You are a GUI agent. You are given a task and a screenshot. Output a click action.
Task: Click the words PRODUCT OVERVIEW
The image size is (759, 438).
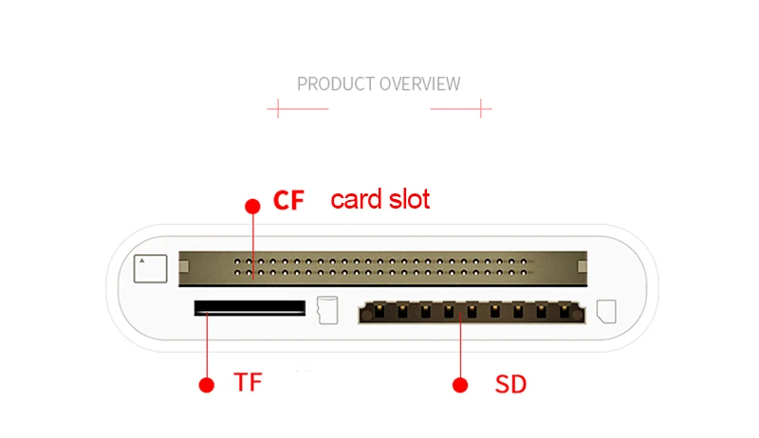pyautogui.click(x=379, y=83)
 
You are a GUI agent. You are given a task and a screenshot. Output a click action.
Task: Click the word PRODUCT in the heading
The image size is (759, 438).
pyautogui.click(x=336, y=83)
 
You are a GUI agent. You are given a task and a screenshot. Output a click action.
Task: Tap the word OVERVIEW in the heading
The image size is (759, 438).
pyautogui.click(x=420, y=83)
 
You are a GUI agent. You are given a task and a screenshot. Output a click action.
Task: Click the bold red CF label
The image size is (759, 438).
pyautogui.click(x=288, y=201)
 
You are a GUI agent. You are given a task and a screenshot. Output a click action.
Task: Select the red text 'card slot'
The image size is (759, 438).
pyautogui.click(x=379, y=199)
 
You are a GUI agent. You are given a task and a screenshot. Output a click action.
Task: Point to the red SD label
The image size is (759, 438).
pyautogui.click(x=510, y=384)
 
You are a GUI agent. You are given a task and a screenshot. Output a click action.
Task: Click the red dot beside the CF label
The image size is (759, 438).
pyautogui.click(x=252, y=206)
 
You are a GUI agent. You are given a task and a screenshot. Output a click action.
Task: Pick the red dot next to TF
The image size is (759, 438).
pyautogui.click(x=206, y=384)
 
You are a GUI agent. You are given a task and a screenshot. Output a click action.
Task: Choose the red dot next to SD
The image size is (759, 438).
pyautogui.click(x=460, y=384)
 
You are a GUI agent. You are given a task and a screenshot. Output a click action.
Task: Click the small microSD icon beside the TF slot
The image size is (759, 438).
pyautogui.click(x=328, y=309)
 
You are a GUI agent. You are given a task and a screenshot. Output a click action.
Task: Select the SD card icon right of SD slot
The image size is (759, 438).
pyautogui.click(x=607, y=311)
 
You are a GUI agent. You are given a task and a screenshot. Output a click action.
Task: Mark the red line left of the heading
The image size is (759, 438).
pyautogui.click(x=297, y=108)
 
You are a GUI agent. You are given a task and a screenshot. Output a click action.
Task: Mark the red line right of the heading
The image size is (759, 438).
pyautogui.click(x=461, y=108)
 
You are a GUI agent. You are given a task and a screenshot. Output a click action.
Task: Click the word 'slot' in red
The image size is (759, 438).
pyautogui.click(x=409, y=199)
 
